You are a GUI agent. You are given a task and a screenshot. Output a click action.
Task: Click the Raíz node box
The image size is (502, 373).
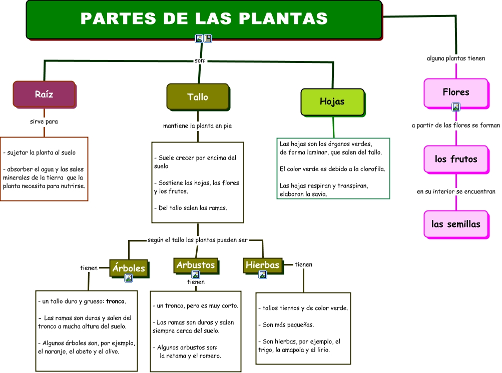(44, 94)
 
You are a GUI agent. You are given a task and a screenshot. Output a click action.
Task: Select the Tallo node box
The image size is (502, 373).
(198, 96)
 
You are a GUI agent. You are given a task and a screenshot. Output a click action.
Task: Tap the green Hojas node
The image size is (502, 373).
(332, 101)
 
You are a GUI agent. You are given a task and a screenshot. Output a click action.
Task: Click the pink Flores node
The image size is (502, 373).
(456, 92)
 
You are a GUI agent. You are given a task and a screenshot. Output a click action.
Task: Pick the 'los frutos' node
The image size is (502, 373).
(456, 159)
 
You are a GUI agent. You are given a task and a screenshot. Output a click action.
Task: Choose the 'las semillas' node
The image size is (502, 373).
(456, 224)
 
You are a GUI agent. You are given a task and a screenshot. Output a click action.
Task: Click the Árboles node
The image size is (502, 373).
(129, 268)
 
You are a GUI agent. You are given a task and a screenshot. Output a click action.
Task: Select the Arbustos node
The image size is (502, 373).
(196, 265)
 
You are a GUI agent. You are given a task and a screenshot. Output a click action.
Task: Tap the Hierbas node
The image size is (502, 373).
(262, 265)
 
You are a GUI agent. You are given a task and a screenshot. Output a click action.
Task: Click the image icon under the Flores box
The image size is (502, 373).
(456, 107)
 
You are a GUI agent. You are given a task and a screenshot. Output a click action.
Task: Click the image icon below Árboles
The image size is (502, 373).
(129, 278)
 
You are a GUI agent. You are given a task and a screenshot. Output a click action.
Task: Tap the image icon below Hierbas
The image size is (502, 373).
(262, 274)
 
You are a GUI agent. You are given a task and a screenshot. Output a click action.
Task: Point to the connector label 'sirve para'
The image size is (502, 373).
(44, 121)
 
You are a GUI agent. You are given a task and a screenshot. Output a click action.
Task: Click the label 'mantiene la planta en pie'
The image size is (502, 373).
(198, 126)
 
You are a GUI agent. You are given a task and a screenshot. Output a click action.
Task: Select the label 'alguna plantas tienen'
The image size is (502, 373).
(456, 58)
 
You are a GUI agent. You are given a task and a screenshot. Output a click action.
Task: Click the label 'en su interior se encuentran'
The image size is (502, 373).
(456, 191)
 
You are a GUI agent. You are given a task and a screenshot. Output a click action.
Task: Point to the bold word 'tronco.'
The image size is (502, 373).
(116, 301)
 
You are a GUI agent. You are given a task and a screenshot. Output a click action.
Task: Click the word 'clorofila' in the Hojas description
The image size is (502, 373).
(371, 169)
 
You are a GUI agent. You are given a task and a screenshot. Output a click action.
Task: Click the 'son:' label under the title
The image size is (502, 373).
(200, 61)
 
